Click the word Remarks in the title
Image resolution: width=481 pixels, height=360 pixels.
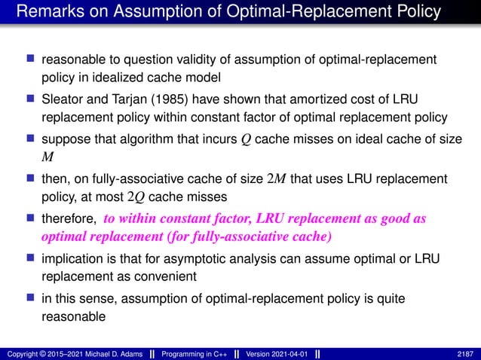point(47,12)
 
